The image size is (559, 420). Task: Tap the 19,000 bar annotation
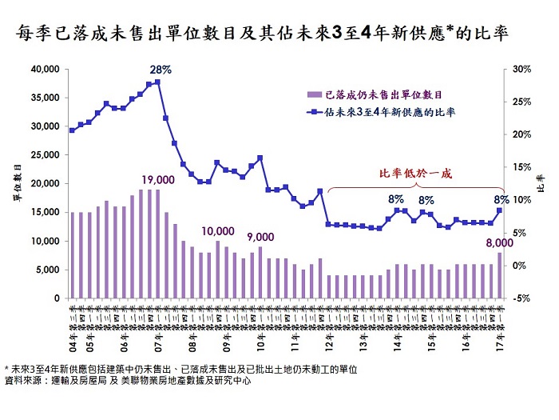pos(157,179)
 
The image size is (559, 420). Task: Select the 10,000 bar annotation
pos(218,231)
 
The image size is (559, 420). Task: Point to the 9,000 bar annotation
pos(260,237)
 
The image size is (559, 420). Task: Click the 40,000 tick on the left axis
pos(46,70)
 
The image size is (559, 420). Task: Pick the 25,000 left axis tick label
pos(46,155)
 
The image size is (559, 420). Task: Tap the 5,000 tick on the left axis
pos(49,270)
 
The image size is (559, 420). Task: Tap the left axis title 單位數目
pos(17,183)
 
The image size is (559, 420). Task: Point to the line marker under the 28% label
pos(157,82)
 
